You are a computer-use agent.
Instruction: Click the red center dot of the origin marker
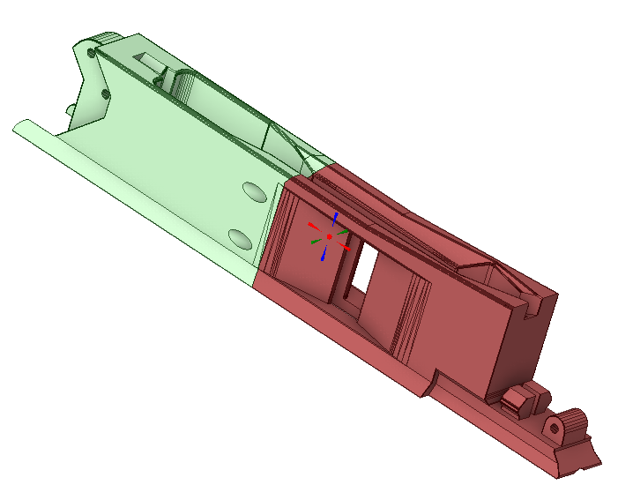tap(329, 237)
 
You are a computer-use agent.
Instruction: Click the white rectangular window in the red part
tap(362, 268)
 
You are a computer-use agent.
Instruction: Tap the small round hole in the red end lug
tap(554, 429)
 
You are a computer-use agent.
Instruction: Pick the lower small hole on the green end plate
tap(105, 93)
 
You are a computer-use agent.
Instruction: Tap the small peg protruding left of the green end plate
tap(69, 109)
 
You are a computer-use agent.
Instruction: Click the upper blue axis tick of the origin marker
tap(335, 217)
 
